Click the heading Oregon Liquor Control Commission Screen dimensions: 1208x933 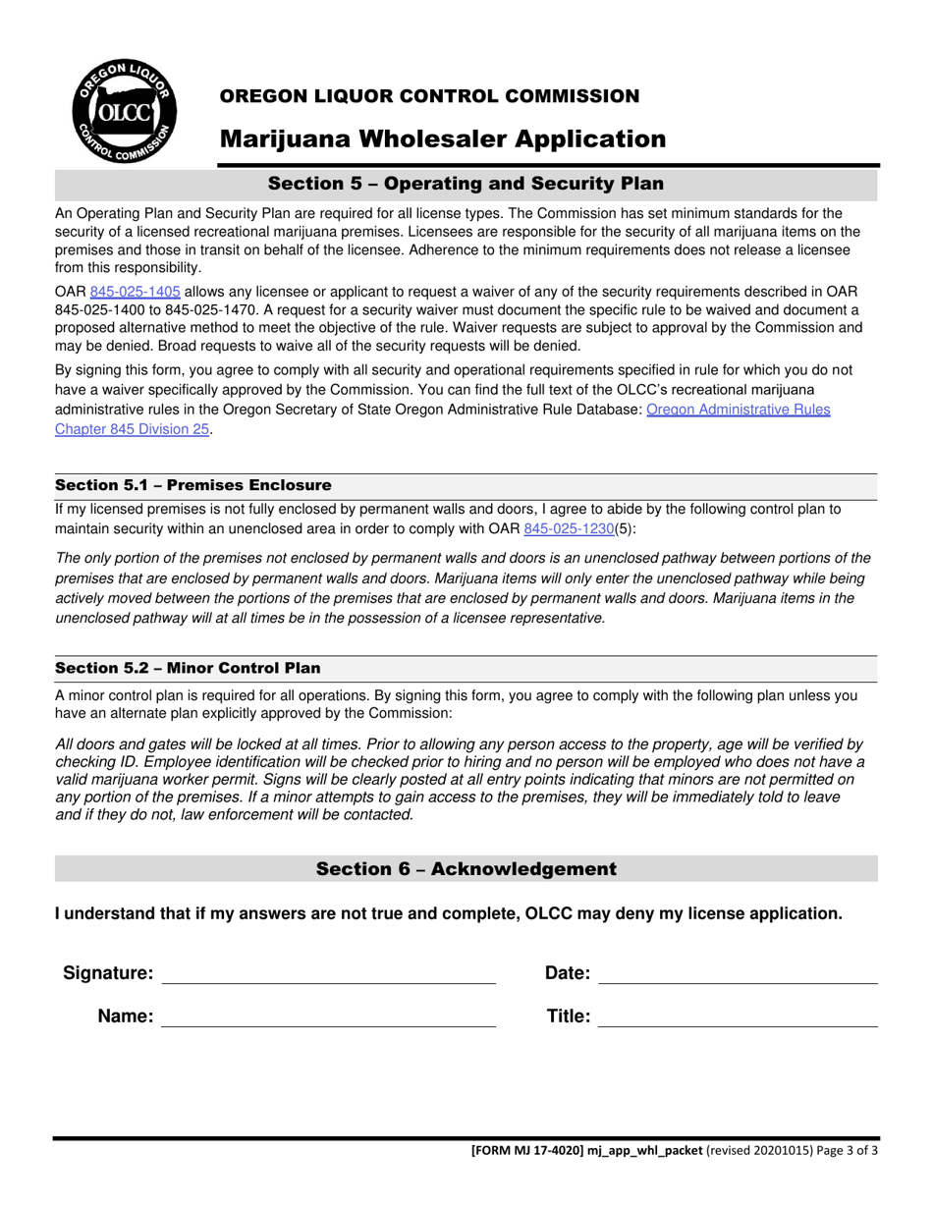tap(429, 96)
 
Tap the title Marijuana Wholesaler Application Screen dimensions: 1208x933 tap(442, 139)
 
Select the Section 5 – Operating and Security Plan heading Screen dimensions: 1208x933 tap(466, 184)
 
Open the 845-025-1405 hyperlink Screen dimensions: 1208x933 tap(135, 292)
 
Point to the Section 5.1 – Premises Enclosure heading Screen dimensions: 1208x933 tap(193, 485)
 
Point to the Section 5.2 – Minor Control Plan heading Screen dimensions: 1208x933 tap(188, 668)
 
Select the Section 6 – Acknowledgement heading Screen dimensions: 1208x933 tap(466, 869)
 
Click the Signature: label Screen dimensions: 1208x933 tap(108, 973)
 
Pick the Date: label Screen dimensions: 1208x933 tap(568, 973)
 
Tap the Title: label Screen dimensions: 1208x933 tap(569, 1016)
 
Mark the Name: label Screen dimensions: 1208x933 tap(126, 1016)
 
